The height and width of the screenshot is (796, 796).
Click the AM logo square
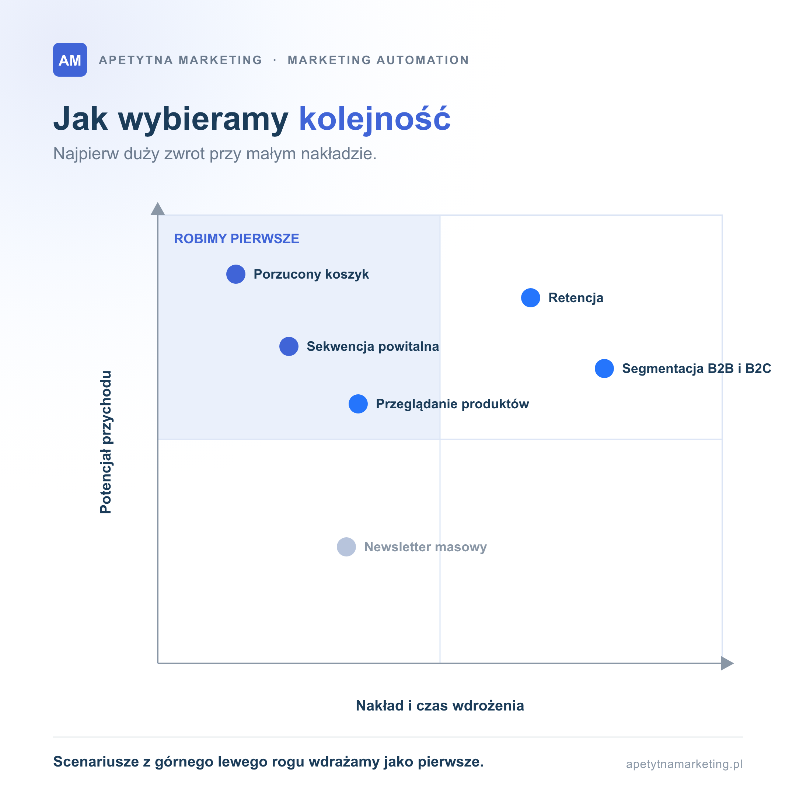(70, 60)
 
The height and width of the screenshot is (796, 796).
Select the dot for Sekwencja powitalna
(289, 346)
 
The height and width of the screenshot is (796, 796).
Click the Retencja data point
(531, 298)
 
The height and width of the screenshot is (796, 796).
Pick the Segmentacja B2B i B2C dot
(604, 369)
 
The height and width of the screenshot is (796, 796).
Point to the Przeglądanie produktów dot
(359, 404)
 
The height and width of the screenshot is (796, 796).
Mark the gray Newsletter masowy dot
(346, 547)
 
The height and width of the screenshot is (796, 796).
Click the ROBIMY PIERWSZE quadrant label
(237, 239)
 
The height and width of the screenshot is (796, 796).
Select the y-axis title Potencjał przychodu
(106, 442)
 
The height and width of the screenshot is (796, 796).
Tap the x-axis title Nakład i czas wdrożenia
(440, 706)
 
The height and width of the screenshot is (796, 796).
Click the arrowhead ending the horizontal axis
(727, 663)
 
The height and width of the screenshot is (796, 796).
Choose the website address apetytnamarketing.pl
(684, 764)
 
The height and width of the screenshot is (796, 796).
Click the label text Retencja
(576, 298)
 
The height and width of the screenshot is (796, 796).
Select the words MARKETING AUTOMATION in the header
(378, 60)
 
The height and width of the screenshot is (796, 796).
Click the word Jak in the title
(81, 119)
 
